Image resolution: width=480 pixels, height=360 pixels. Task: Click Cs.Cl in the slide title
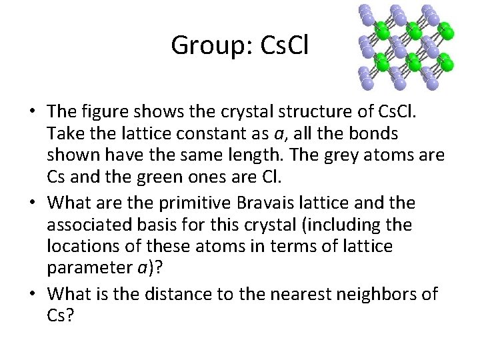(283, 45)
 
